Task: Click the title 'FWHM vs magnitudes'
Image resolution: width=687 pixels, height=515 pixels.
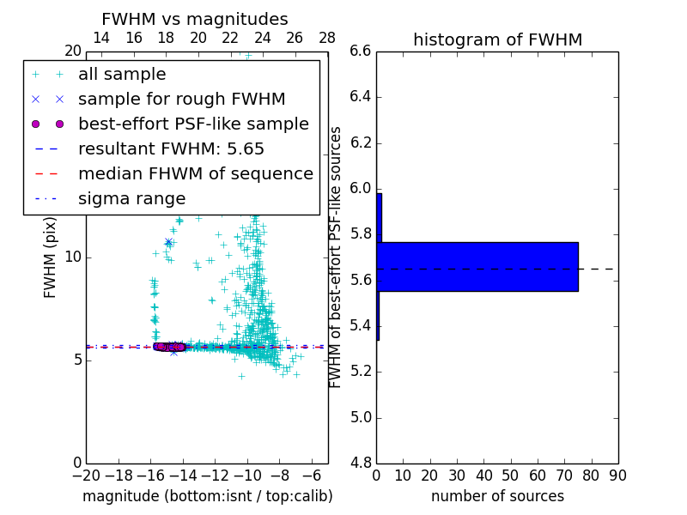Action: [x=194, y=19]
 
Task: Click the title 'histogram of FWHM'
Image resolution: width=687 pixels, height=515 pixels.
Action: [x=497, y=39]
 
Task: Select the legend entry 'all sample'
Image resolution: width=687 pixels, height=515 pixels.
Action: [x=122, y=75]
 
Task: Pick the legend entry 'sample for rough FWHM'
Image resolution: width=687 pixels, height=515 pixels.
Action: [x=181, y=99]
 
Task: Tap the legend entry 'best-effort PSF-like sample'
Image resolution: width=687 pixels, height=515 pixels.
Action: [x=193, y=124]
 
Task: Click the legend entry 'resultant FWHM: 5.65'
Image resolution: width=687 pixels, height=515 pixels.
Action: [x=171, y=148]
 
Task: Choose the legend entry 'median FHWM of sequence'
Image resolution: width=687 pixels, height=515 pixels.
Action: [x=195, y=173]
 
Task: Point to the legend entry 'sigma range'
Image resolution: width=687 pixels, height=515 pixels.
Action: [x=131, y=198]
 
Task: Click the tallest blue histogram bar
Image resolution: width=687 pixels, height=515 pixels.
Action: [x=477, y=267]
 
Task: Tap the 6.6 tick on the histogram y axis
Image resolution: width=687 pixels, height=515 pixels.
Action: [x=360, y=51]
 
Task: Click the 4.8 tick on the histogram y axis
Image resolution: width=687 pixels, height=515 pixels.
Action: [x=360, y=463]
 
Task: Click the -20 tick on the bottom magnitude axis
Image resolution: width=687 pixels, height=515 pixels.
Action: [x=86, y=476]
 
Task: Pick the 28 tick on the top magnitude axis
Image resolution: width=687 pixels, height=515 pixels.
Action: [x=327, y=38]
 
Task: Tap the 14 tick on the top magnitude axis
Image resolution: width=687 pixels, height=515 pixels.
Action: [x=101, y=38]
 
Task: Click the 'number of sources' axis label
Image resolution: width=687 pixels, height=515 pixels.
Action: [x=497, y=496]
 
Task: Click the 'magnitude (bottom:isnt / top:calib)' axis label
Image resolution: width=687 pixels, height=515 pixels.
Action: [x=207, y=496]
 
